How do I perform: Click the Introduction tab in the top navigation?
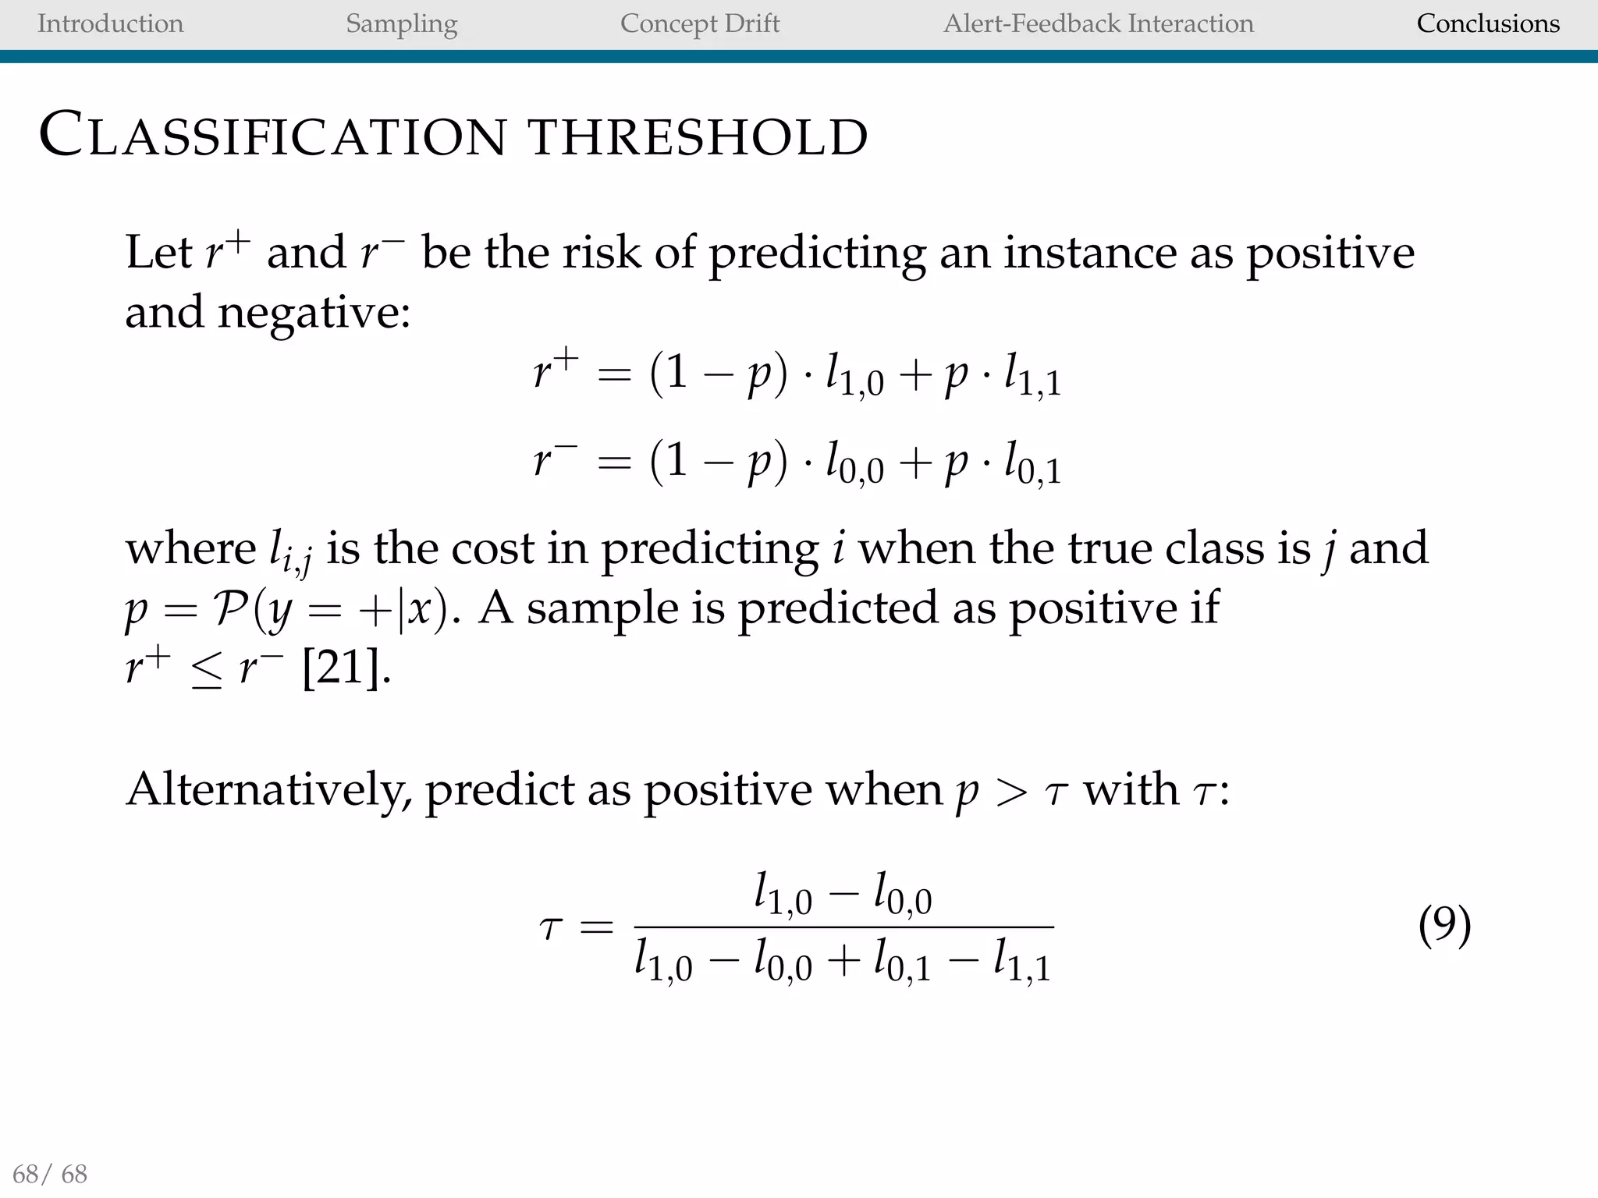coord(110,23)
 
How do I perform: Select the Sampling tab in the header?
coord(401,24)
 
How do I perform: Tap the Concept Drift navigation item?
coord(700,23)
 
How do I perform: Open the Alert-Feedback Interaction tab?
coord(1099,23)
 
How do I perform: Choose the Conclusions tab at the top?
coord(1488,23)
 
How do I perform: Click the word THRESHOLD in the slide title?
coord(698,137)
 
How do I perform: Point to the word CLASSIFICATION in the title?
coord(273,136)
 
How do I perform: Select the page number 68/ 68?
coord(51,1173)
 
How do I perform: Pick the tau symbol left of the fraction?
coord(551,928)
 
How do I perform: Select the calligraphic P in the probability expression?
coord(232,608)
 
